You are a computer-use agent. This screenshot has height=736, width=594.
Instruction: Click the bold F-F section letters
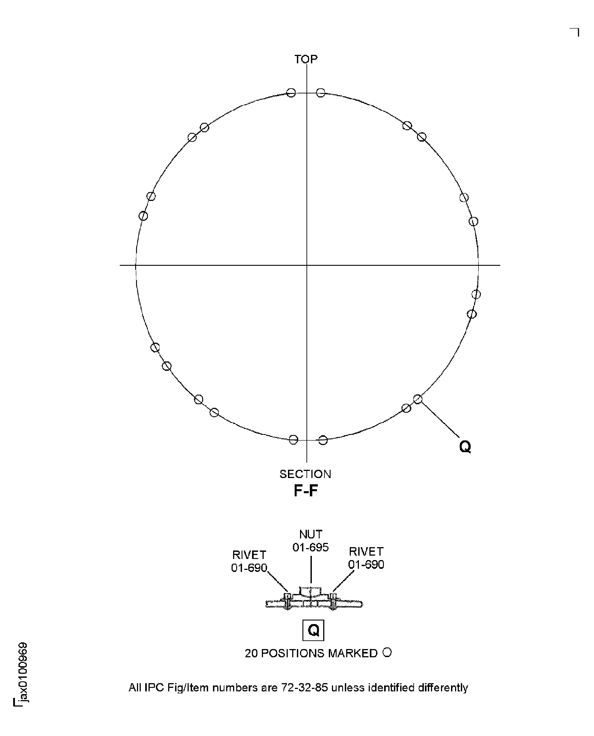[x=306, y=491]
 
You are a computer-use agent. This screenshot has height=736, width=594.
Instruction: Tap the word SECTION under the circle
[x=305, y=474]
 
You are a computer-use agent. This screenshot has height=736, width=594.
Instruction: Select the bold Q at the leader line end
[x=465, y=447]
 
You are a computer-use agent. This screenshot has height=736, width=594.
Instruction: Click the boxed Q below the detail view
[x=313, y=630]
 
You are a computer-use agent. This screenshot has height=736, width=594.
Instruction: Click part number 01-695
[x=310, y=547]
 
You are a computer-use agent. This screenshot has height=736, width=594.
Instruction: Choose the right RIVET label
[x=366, y=551]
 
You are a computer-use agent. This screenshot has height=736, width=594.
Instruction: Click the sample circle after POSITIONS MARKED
[x=387, y=652]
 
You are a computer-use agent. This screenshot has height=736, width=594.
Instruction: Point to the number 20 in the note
[x=251, y=653]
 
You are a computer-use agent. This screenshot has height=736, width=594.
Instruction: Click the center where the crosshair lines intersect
[x=306, y=265]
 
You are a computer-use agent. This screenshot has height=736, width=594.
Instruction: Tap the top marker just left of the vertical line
[x=291, y=93]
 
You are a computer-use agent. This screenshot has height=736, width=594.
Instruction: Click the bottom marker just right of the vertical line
[x=323, y=440]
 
